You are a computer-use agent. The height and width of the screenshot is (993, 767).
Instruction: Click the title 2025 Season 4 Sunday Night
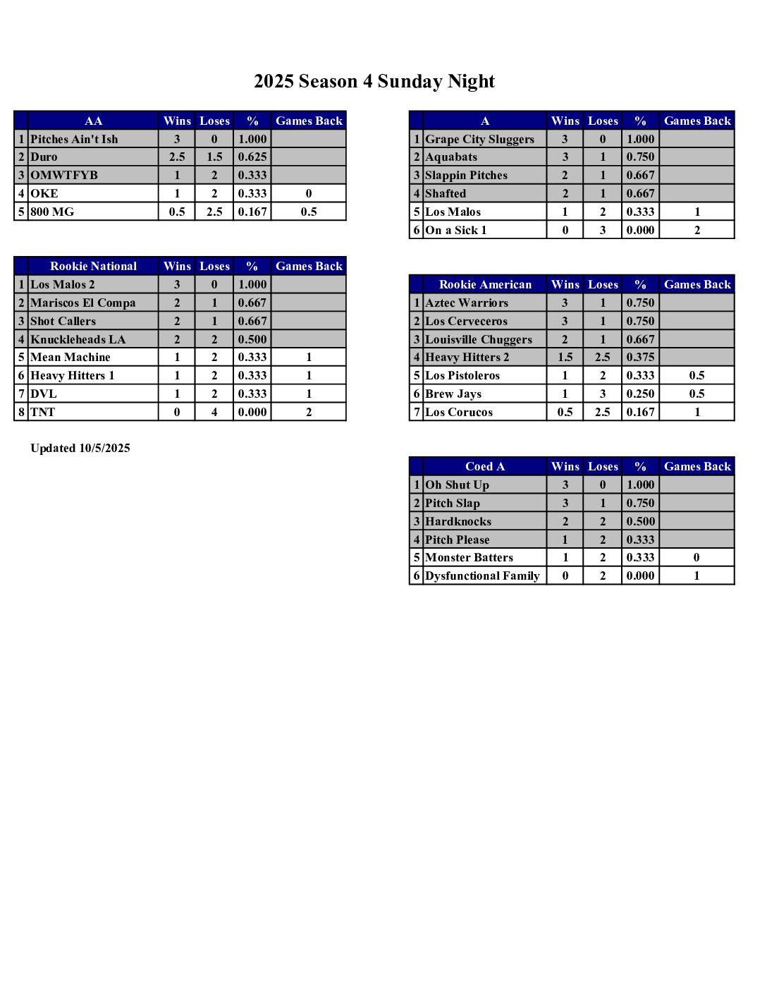click(374, 82)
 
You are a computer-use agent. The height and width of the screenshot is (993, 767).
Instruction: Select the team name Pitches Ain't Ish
click(74, 139)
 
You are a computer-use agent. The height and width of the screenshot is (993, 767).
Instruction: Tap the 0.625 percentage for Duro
click(252, 157)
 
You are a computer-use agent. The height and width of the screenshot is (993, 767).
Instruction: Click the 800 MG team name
click(52, 212)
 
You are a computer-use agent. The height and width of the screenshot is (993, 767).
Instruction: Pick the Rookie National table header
click(93, 267)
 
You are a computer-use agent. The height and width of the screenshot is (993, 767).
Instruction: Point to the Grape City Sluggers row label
click(479, 139)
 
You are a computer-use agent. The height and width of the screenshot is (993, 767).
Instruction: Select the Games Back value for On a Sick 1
click(697, 230)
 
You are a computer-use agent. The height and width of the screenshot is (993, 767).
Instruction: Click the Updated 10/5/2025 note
click(80, 449)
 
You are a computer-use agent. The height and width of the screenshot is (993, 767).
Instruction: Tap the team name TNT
click(43, 412)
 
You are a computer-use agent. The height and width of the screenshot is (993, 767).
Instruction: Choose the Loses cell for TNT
click(214, 412)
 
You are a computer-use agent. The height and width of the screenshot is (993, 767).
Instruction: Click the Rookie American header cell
click(485, 285)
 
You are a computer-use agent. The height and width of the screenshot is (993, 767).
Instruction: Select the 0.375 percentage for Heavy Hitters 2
click(640, 358)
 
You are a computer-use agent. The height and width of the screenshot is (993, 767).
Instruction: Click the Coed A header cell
click(485, 467)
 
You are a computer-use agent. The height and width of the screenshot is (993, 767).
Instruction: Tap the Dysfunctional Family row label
click(482, 576)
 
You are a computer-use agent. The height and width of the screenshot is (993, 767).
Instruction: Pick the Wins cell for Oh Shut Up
click(565, 485)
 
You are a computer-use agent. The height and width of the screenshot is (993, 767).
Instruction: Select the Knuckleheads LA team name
click(78, 339)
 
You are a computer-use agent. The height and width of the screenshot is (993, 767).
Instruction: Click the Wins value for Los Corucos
click(565, 413)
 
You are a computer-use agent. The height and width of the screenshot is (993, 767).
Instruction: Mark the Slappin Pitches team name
click(466, 176)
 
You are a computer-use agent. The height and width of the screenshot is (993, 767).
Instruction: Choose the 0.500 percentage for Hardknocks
click(640, 522)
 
